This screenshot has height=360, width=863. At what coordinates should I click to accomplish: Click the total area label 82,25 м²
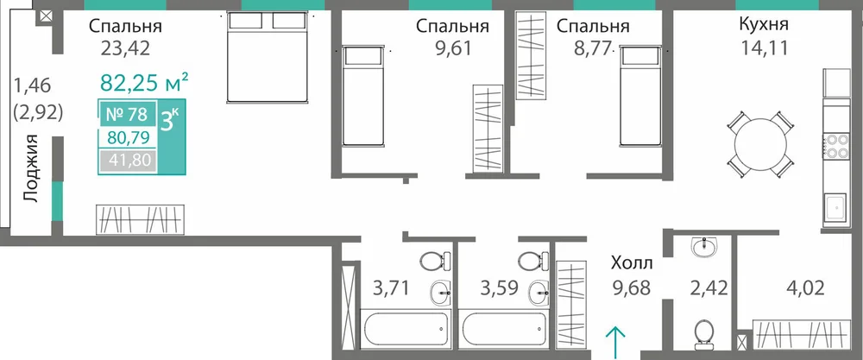145,83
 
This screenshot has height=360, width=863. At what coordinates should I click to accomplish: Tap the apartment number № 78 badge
127,115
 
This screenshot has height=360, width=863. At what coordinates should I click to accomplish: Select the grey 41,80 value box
127,161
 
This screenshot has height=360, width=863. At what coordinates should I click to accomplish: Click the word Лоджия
32,168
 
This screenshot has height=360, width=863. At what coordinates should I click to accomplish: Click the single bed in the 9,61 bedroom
362,96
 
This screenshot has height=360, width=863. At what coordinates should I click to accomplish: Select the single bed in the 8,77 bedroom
639,96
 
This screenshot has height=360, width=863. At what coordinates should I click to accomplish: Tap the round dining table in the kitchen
760,144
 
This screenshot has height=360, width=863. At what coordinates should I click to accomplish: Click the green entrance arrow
614,340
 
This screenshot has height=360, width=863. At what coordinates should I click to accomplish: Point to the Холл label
632,263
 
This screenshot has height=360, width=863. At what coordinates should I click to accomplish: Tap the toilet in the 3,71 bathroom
435,261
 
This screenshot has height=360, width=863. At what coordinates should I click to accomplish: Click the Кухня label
764,25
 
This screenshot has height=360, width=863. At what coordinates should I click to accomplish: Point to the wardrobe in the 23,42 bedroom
140,219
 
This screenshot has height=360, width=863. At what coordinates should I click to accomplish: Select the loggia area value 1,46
32,85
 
